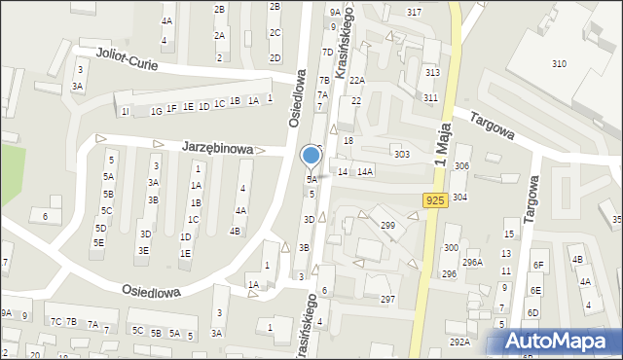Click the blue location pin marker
(311, 156)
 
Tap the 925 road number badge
(435, 199)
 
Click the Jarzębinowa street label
(217, 149)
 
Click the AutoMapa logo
(561, 342)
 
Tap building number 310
(559, 64)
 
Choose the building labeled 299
(387, 226)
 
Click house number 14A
(365, 171)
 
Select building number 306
(461, 166)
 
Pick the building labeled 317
(415, 12)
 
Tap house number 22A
(357, 81)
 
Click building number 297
(387, 299)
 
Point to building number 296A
(472, 262)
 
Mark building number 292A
(459, 342)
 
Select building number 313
(432, 73)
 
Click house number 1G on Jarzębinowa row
(156, 111)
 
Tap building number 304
(459, 198)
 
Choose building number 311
(430, 98)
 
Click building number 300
(451, 248)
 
